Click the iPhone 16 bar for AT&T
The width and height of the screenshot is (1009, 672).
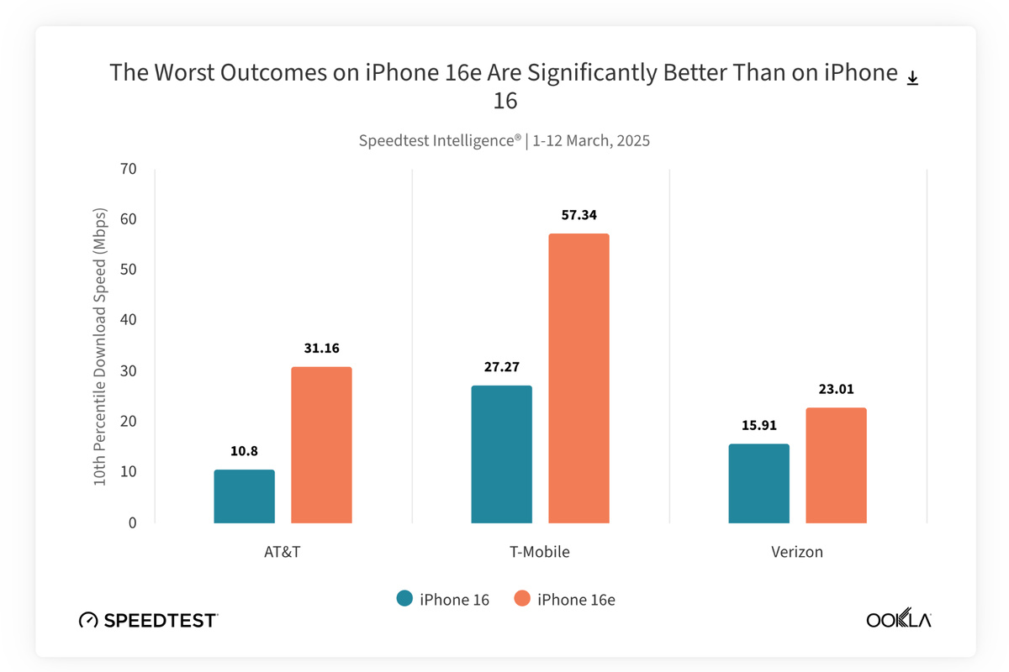pyautogui.click(x=244, y=496)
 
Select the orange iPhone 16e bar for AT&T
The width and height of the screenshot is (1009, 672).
pyautogui.click(x=321, y=445)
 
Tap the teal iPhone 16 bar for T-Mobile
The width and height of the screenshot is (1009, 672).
pyautogui.click(x=501, y=454)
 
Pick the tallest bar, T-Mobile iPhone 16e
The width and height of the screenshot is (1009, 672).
pyautogui.click(x=578, y=378)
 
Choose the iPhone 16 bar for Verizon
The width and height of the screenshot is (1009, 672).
pyautogui.click(x=758, y=484)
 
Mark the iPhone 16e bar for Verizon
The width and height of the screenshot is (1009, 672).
pyautogui.click(x=836, y=465)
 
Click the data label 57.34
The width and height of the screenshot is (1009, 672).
pyautogui.click(x=578, y=216)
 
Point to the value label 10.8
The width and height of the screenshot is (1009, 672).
pyautogui.click(x=244, y=451)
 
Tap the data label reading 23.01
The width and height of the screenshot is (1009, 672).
pyautogui.click(x=836, y=389)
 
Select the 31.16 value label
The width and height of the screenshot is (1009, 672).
pyautogui.click(x=321, y=348)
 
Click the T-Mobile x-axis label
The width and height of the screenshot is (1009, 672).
pyautogui.click(x=540, y=552)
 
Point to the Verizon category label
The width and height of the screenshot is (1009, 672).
pyautogui.click(x=797, y=552)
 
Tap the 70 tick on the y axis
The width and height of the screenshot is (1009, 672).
pyautogui.click(x=128, y=169)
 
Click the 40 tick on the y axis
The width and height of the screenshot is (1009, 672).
pyautogui.click(x=128, y=320)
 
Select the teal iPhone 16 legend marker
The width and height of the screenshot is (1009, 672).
pyautogui.click(x=404, y=599)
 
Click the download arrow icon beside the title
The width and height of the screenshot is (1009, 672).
pyautogui.click(x=912, y=78)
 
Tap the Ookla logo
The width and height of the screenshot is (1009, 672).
pyautogui.click(x=899, y=621)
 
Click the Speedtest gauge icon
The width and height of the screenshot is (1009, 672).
pyautogui.click(x=88, y=621)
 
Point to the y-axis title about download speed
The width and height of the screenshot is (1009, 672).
pyautogui.click(x=100, y=345)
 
